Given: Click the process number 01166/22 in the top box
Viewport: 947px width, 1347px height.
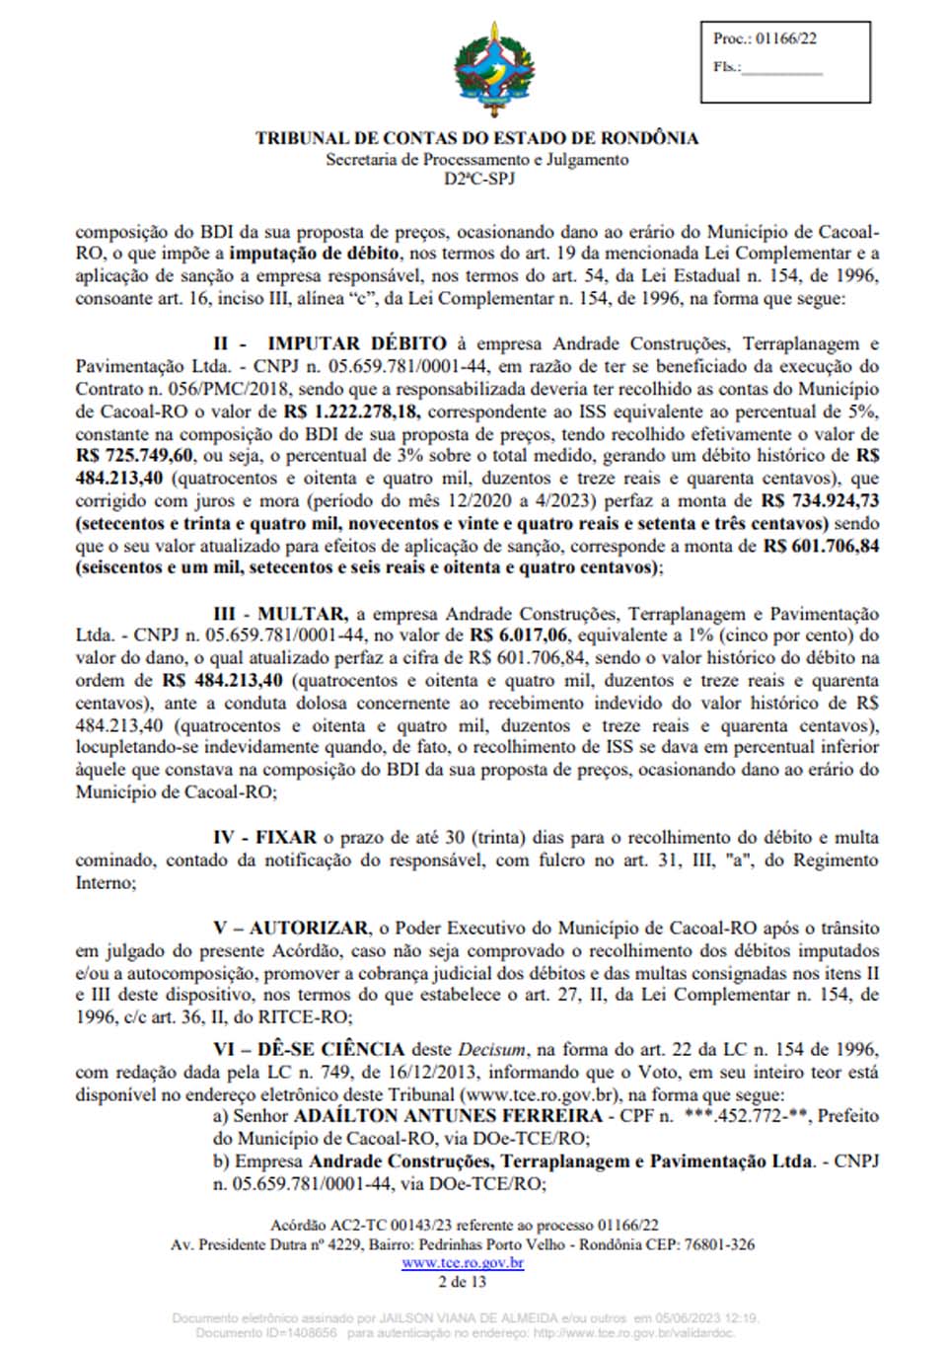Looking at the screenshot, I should (x=786, y=38).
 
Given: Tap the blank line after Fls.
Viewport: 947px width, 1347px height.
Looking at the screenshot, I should (x=781, y=68).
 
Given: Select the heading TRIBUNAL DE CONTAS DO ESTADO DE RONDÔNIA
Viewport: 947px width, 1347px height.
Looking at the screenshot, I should (x=476, y=138).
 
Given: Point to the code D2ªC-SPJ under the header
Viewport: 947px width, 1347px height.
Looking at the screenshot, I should (x=478, y=179).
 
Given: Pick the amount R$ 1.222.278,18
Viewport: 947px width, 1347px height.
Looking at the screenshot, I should (x=351, y=412).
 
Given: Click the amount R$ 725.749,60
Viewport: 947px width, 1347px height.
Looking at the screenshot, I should (x=134, y=456).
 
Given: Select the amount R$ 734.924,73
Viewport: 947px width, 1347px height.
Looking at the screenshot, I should (x=820, y=501).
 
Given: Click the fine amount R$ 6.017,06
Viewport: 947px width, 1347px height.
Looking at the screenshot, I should (x=519, y=636).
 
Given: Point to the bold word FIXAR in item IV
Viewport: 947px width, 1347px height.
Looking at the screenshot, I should (x=286, y=838).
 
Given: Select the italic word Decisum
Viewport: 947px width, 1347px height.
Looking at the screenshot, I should (x=491, y=1049).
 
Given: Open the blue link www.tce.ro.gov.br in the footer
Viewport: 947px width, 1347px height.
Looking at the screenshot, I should (x=463, y=1263).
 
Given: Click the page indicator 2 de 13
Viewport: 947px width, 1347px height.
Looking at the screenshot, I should (x=463, y=1281).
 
